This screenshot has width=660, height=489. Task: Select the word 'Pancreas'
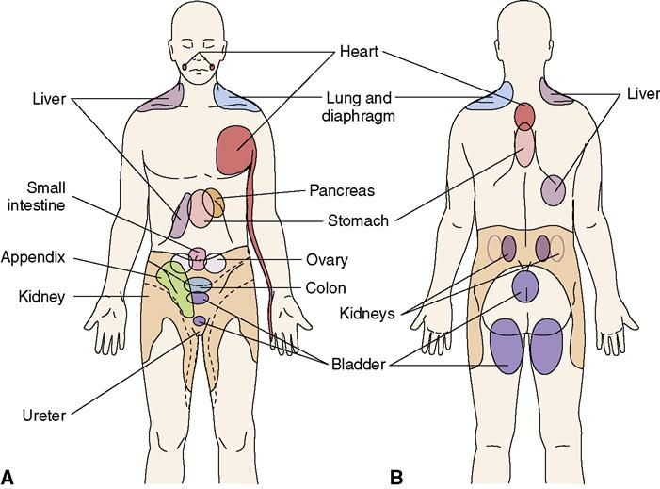342,189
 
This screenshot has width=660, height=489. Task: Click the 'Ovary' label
328,260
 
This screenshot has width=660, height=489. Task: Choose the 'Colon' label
325,288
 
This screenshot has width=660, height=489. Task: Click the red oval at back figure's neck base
525,117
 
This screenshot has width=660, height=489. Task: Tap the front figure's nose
199,54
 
